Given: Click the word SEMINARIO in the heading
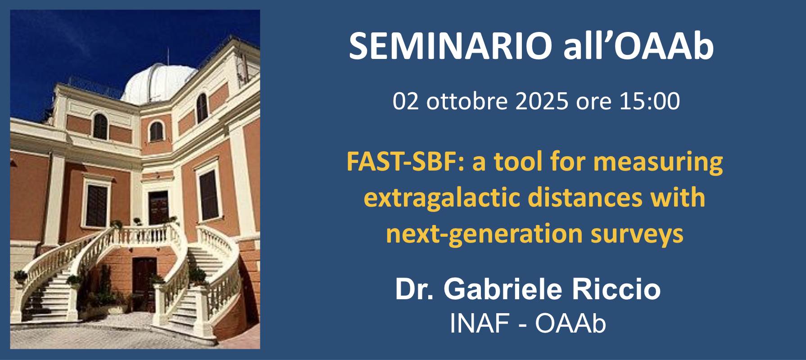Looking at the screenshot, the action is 450,46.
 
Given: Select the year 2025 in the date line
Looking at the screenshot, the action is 542,101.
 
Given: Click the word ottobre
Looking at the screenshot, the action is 467,101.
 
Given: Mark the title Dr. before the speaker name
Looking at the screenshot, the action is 414,289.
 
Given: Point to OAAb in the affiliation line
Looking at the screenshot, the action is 571,323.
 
